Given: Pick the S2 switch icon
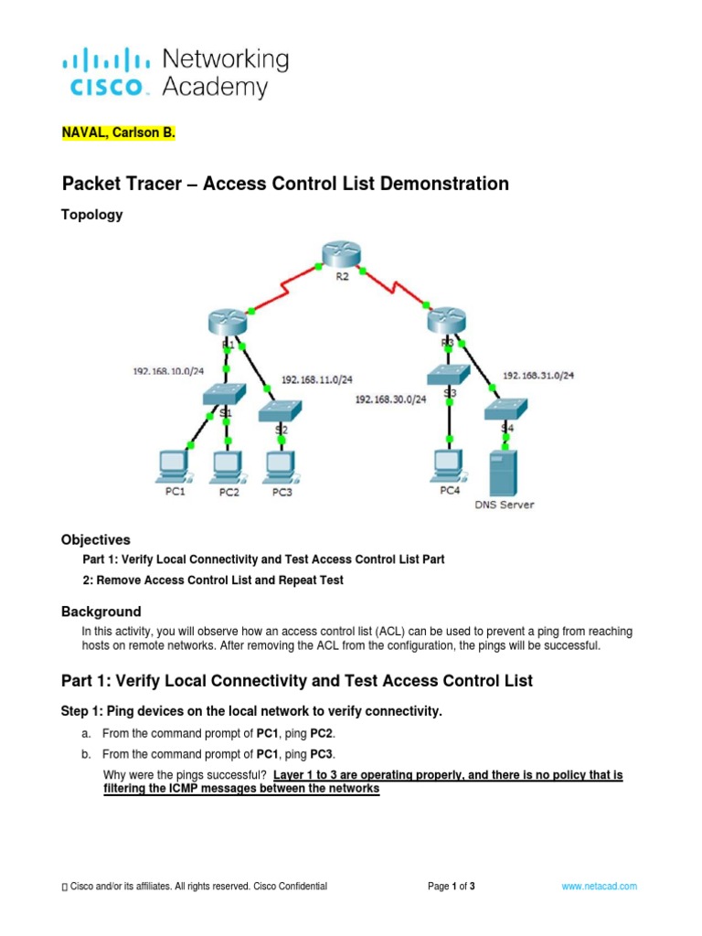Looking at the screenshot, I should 281,411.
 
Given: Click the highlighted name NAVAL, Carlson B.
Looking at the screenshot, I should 116,133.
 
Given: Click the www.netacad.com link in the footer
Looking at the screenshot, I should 600,887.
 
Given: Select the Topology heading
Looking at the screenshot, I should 91,215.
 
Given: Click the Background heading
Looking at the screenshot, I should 101,612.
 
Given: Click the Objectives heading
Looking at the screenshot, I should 95,539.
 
